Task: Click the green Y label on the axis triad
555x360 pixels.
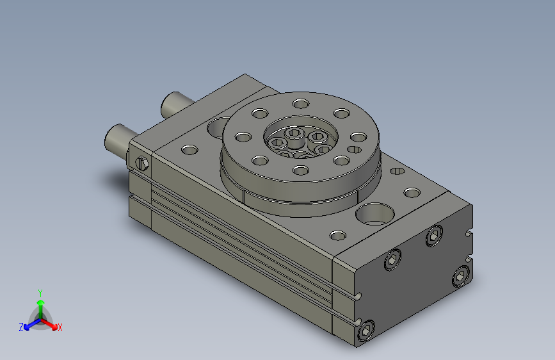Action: pyautogui.click(x=40, y=293)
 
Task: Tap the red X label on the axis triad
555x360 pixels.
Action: pyautogui.click(x=60, y=327)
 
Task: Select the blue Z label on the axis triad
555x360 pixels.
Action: pyautogui.click(x=21, y=327)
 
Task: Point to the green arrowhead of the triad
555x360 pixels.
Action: pyautogui.click(x=41, y=302)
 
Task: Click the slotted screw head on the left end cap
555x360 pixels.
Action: pyautogui.click(x=142, y=163)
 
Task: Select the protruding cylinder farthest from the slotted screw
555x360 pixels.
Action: pyautogui.click(x=175, y=104)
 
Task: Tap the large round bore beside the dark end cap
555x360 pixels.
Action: pyautogui.click(x=375, y=214)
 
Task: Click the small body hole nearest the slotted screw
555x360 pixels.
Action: pyautogui.click(x=189, y=149)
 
